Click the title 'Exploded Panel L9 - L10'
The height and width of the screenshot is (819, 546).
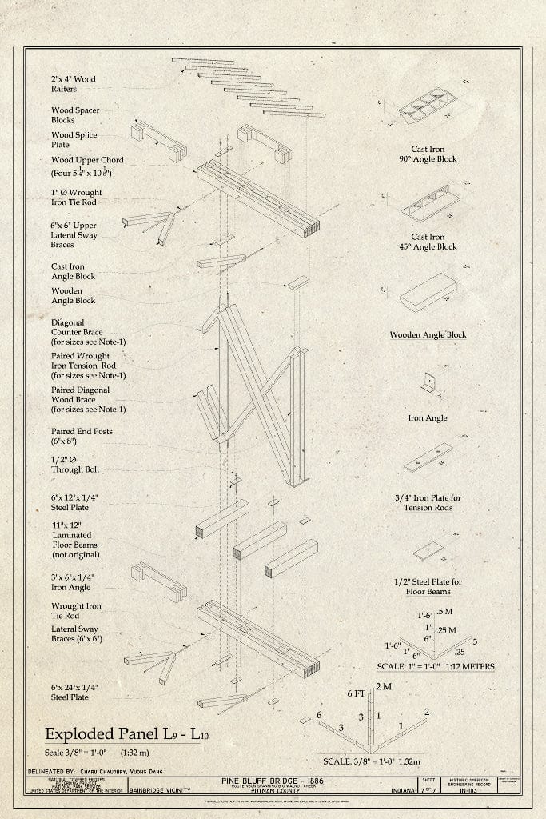(x=121, y=734)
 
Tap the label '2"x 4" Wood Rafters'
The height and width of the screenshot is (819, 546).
(x=74, y=85)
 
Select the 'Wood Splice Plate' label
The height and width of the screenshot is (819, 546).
(x=74, y=141)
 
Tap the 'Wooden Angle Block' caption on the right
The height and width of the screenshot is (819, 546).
(x=428, y=334)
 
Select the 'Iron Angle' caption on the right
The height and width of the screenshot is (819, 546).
(x=428, y=417)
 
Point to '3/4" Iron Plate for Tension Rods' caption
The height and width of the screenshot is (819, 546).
(x=428, y=503)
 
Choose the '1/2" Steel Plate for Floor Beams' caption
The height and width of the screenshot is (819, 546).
(x=428, y=586)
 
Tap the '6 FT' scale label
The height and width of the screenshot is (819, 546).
(x=356, y=694)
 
